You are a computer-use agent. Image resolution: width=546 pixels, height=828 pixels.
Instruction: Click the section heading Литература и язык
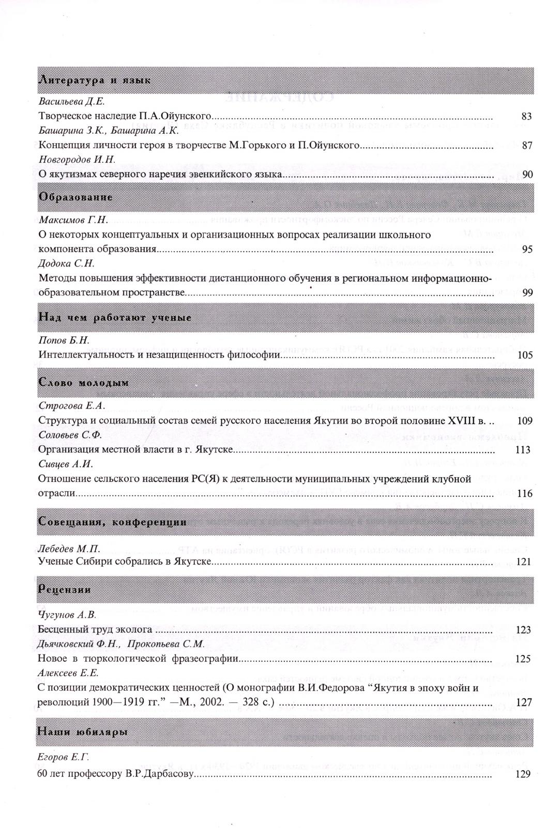[x=95, y=80]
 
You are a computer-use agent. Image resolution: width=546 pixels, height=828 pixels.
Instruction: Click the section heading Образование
[x=75, y=197]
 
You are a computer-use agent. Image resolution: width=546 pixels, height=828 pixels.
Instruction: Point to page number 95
[x=527, y=249]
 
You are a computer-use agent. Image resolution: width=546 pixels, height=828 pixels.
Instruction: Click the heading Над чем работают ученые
[x=115, y=317]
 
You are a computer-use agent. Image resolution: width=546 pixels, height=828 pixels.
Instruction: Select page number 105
[x=524, y=355]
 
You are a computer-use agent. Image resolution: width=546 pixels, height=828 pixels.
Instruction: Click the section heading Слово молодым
[x=84, y=383]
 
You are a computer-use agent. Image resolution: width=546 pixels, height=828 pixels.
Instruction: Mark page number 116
[x=524, y=493]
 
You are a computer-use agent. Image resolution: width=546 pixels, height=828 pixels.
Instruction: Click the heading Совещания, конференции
[x=112, y=522]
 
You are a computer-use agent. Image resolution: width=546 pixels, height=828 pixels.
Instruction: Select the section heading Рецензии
[x=65, y=589]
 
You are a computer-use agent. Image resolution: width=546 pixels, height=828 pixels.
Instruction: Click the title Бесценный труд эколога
[x=95, y=629]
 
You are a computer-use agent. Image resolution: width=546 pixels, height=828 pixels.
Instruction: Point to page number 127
[x=524, y=702]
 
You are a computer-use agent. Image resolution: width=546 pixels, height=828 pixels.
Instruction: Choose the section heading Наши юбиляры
[x=83, y=732]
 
